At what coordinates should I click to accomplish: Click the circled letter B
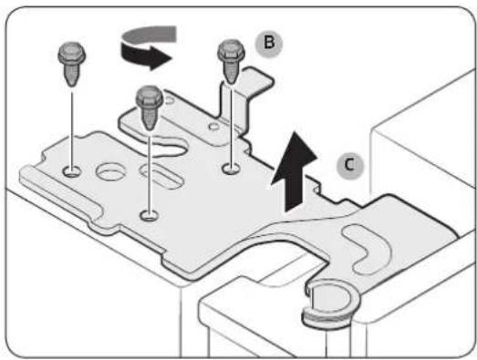click(x=269, y=43)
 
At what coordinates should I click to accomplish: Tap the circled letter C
click(x=350, y=166)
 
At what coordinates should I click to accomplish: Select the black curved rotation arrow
click(x=145, y=56)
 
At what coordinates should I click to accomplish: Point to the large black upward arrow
click(x=294, y=171)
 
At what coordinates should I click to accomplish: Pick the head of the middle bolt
click(x=150, y=97)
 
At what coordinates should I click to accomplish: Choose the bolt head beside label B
click(x=231, y=51)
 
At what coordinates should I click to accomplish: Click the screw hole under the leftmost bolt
click(x=72, y=171)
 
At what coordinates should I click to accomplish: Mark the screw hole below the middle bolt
click(x=149, y=215)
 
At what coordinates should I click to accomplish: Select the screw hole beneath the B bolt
click(x=231, y=168)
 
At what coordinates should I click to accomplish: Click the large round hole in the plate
click(x=110, y=171)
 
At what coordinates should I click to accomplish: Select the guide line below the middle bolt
click(x=150, y=174)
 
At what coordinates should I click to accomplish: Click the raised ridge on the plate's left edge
click(x=61, y=190)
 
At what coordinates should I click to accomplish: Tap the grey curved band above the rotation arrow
click(x=150, y=35)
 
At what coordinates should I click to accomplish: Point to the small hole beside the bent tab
click(x=214, y=126)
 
